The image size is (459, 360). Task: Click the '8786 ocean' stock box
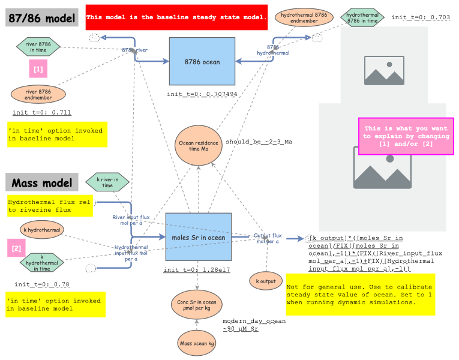pyautogui.click(x=202, y=61)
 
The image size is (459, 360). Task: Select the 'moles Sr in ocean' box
pyautogui.click(x=199, y=238)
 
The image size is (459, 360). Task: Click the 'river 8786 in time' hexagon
pyautogui.click(x=38, y=46)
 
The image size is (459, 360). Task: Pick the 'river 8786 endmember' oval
pyautogui.click(x=38, y=94)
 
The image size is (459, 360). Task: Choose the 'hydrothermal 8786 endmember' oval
pyautogui.click(x=304, y=17)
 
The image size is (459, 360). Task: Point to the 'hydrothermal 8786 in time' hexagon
pyautogui.click(x=362, y=17)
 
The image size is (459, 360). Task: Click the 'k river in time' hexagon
pyautogui.click(x=107, y=181)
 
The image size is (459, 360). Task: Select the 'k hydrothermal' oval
pyautogui.click(x=37, y=229)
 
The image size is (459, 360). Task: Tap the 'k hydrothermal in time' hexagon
pyautogui.click(x=41, y=261)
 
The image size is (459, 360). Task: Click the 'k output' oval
pyautogui.click(x=266, y=280)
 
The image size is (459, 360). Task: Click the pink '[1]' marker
pyautogui.click(x=38, y=70)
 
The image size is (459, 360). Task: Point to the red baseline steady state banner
pyautogui.click(x=176, y=17)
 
